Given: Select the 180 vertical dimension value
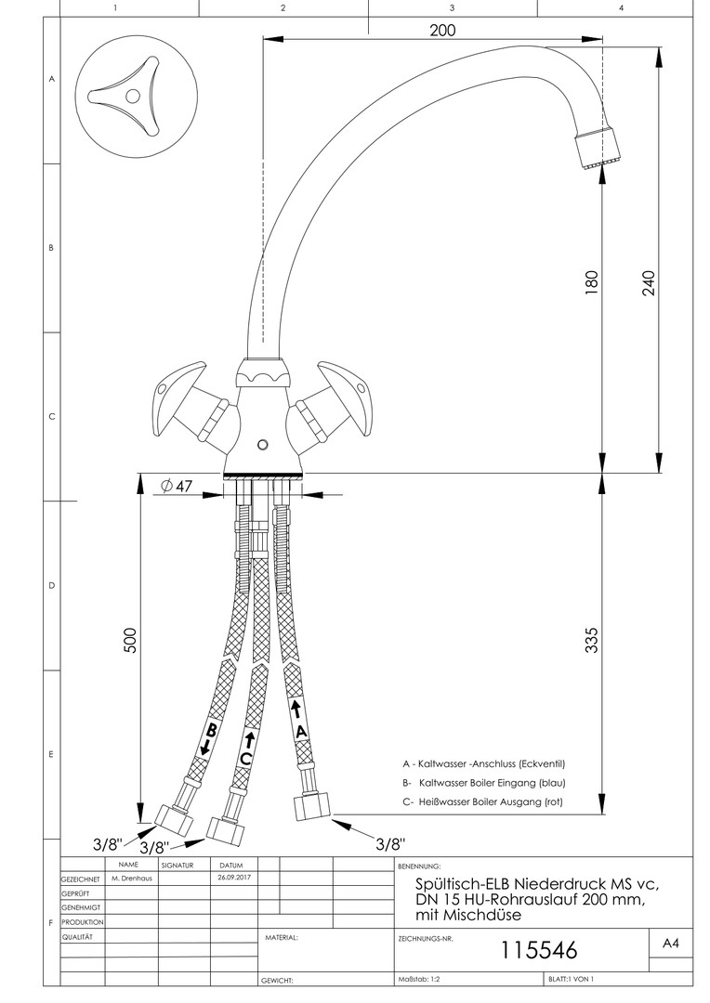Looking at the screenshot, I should click(x=592, y=281).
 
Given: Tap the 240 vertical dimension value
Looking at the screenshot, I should click(x=648, y=281).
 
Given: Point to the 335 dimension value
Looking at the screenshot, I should click(x=592, y=640).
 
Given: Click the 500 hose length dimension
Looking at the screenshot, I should click(x=131, y=640).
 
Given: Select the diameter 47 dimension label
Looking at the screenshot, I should click(x=176, y=487).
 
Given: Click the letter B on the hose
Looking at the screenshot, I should click(x=212, y=731).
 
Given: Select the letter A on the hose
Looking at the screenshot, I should click(x=300, y=731).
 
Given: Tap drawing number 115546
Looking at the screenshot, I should click(x=539, y=950).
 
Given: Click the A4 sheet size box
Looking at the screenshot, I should click(x=671, y=943).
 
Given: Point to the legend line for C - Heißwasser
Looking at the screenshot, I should click(x=482, y=801).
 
